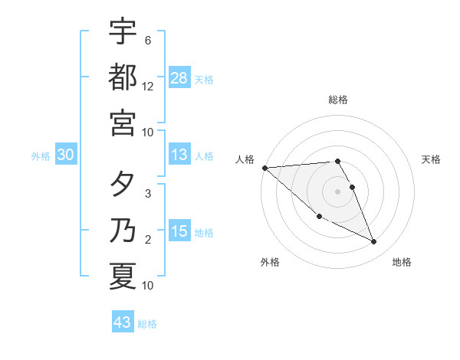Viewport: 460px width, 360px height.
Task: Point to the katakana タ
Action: (123, 186)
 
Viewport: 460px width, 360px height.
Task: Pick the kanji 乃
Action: (123, 231)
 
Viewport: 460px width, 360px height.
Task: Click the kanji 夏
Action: (123, 276)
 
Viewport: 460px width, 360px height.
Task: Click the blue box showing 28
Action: (179, 77)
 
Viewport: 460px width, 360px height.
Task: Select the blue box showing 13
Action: (179, 155)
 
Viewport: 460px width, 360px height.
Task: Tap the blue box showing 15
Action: (179, 231)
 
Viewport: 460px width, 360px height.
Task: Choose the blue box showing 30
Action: (66, 155)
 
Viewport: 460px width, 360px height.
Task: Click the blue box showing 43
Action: (123, 322)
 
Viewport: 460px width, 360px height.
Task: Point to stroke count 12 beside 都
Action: (148, 87)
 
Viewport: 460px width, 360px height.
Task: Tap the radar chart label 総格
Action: (338, 100)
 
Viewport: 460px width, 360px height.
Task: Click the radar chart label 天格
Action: (432, 159)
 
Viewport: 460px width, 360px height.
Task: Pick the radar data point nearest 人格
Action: (264, 168)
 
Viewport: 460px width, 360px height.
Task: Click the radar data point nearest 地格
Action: (374, 242)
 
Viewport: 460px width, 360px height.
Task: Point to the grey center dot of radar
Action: (338, 191)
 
